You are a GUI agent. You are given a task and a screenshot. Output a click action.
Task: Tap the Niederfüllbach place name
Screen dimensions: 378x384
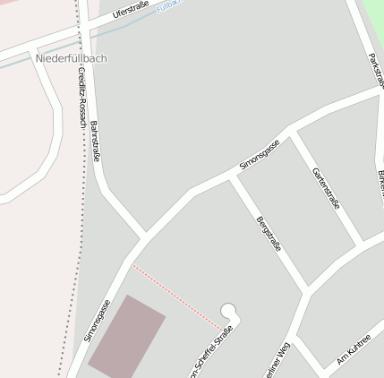[71, 58]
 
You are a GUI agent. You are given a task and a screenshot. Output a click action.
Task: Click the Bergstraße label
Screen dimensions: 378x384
[268, 232]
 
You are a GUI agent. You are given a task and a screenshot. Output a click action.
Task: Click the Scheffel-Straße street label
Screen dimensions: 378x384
[211, 354]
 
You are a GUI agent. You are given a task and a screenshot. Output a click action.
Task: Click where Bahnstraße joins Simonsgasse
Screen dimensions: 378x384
[144, 238]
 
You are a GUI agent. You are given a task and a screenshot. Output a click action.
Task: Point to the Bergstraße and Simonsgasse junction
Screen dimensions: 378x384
[233, 176]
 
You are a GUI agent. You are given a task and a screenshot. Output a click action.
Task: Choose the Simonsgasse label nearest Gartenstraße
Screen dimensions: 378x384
[260, 155]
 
